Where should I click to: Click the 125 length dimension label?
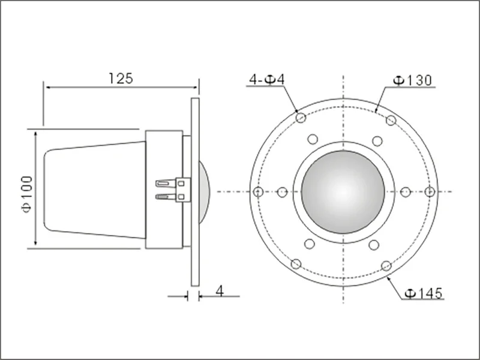point(121,79)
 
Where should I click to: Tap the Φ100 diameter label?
point(27,194)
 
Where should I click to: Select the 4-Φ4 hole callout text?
point(267,80)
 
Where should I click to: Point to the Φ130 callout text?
point(412,80)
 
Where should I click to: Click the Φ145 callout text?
point(424,293)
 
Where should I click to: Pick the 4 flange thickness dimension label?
point(220,290)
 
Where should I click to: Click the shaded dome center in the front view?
point(343,192)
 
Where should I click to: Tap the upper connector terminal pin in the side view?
point(166,184)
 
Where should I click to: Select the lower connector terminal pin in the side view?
point(166,197)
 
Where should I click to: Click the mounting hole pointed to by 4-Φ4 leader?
point(301,118)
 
